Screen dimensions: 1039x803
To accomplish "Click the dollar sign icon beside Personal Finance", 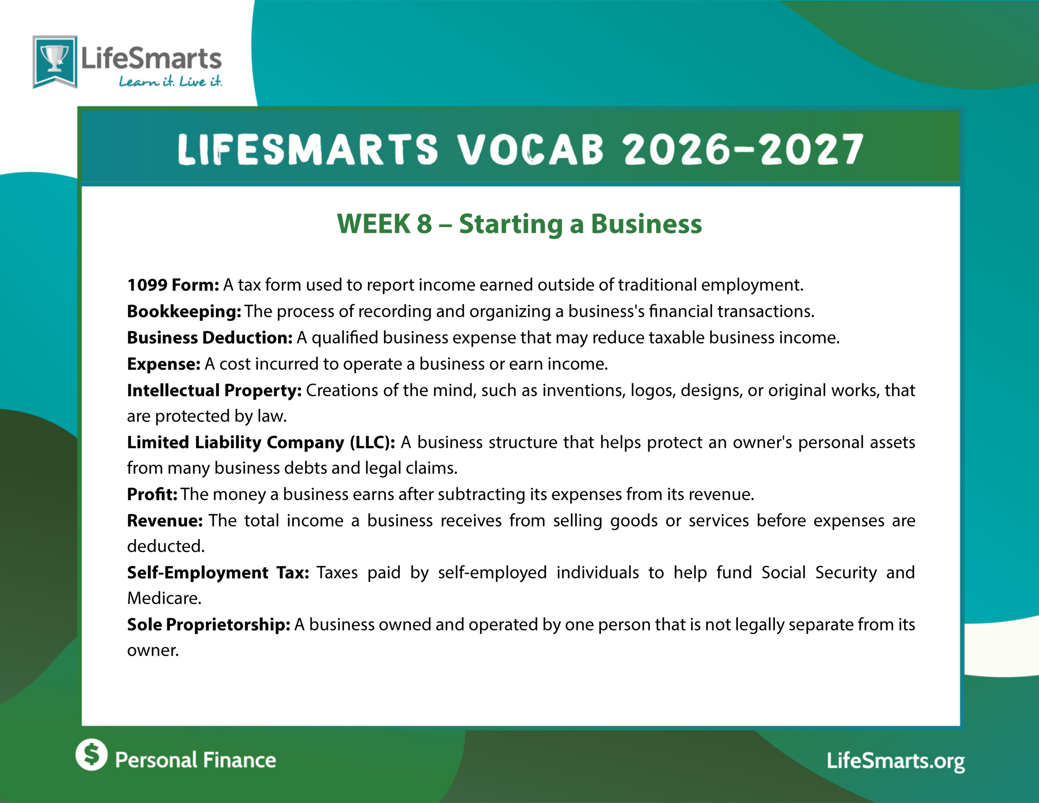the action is coord(91,754).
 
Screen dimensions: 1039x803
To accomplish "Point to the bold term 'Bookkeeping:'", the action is coord(184,311).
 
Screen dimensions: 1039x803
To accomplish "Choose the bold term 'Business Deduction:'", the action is coord(210,337).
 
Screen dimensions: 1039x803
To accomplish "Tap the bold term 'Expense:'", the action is coord(164,364).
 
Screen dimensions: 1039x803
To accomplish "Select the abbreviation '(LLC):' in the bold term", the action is coord(373,443).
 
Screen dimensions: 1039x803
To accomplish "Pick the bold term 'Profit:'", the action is coord(152,494).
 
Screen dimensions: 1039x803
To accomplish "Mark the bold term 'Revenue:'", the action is coord(165,521).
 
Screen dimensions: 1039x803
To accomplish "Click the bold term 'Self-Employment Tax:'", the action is coord(218,573).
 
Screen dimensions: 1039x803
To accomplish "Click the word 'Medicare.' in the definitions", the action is coord(164,598).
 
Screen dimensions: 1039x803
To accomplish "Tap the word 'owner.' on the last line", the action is coord(153,651).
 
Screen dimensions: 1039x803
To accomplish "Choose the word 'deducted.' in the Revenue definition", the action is coord(166,546).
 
